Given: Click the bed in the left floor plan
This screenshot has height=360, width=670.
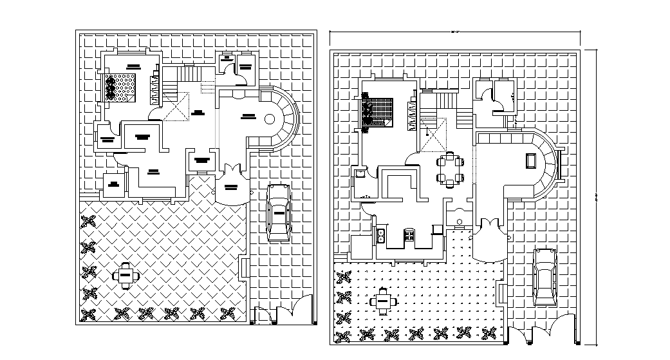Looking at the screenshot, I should (121, 88).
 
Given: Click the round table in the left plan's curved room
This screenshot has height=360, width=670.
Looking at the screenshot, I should (270, 119).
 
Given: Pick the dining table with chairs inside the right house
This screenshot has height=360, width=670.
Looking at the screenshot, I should (449, 169).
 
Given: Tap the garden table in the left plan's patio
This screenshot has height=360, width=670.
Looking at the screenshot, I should (126, 275).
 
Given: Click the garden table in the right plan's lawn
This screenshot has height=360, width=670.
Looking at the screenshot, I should (383, 300).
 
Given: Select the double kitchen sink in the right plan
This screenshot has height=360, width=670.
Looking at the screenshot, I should (381, 236).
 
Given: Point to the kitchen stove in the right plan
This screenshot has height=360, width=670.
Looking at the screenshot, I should (408, 236).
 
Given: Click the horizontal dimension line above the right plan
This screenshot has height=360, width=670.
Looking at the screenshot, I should (454, 32).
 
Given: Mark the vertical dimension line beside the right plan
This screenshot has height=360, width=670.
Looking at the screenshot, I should (595, 193).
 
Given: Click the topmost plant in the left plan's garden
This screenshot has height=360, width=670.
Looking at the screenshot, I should (88, 223).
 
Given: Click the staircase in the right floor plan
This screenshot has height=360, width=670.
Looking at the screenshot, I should (444, 106).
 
